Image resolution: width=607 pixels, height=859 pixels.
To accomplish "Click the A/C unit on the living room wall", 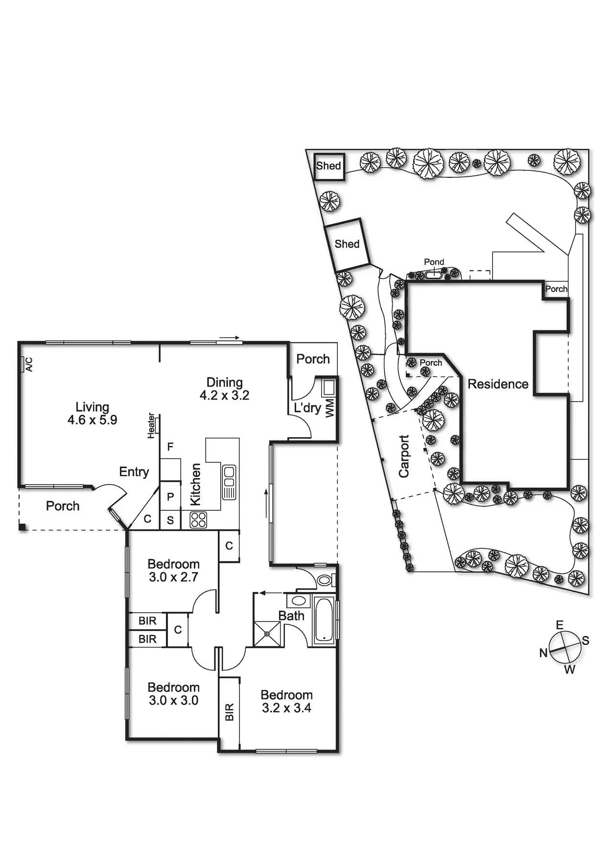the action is pyautogui.click(x=23, y=365).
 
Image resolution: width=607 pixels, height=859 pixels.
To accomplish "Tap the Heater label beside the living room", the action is pyautogui.click(x=151, y=426).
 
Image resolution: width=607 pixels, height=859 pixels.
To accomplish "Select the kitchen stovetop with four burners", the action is pyautogui.click(x=198, y=520).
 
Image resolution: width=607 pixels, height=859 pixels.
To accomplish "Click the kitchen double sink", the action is pyautogui.click(x=229, y=482).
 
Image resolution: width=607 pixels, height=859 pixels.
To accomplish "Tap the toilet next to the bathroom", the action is pyautogui.click(x=325, y=580).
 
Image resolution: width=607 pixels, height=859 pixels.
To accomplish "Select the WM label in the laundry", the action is pyautogui.click(x=329, y=407).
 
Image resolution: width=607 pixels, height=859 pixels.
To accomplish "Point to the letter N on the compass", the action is pyautogui.click(x=543, y=653).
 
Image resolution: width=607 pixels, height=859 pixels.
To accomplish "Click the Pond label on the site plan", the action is pyautogui.click(x=434, y=262).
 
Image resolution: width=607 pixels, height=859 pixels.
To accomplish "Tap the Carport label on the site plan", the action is pyautogui.click(x=403, y=456).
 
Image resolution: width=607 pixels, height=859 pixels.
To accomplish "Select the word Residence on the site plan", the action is pyautogui.click(x=498, y=384).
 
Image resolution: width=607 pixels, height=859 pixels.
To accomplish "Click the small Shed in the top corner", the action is pyautogui.click(x=328, y=167).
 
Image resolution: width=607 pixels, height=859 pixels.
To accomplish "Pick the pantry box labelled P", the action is pyautogui.click(x=170, y=497).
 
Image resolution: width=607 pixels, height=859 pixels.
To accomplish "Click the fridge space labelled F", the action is pyautogui.click(x=170, y=447).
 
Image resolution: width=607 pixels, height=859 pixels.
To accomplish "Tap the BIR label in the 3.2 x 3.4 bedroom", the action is pyautogui.click(x=229, y=712).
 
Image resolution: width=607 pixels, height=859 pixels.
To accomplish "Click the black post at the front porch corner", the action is pyautogui.click(x=22, y=527).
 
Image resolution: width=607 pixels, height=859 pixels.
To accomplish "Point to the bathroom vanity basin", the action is pyautogui.click(x=297, y=600).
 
